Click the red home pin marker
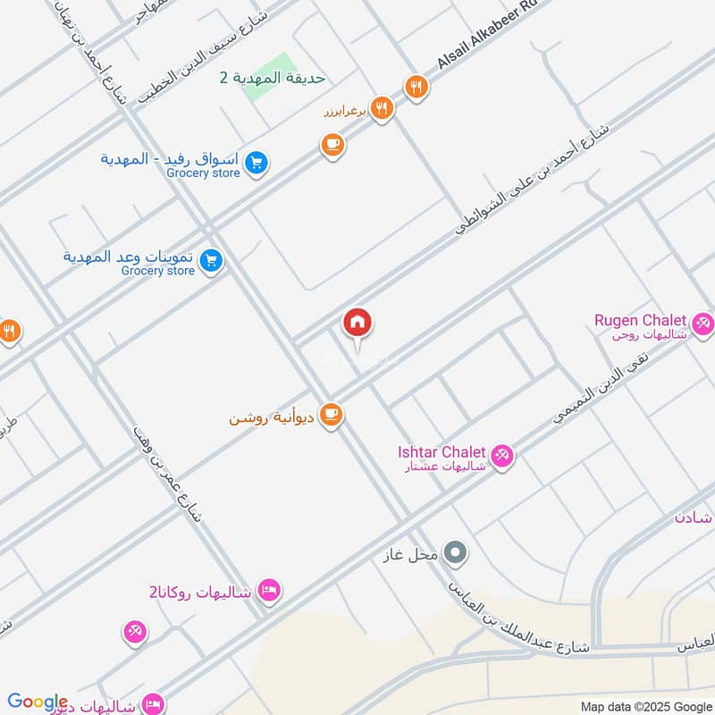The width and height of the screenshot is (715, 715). [357, 323]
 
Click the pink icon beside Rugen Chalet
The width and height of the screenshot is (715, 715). [702, 325]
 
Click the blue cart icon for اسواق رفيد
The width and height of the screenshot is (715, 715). [257, 164]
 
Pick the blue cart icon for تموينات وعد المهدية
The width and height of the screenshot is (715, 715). [211, 261]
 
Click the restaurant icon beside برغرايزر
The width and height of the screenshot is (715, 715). [382, 109]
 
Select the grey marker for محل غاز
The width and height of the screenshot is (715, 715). [456, 553]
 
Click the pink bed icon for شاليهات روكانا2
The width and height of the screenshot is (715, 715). [269, 590]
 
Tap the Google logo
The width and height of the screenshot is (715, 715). [38, 702]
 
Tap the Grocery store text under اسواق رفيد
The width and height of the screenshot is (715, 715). [203, 173]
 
